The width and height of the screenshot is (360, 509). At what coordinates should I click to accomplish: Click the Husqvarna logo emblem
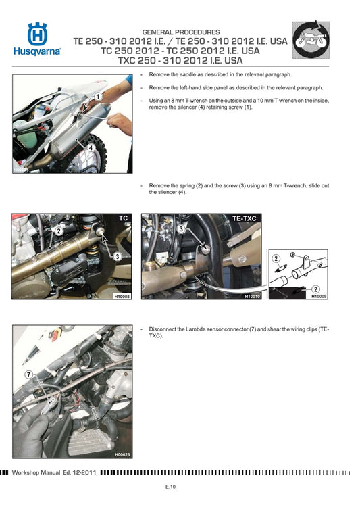pyautogui.click(x=37, y=34)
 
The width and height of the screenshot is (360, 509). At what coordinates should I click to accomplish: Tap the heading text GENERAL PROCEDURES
pyautogui.click(x=180, y=32)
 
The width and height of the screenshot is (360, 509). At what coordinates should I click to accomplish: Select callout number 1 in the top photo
pyautogui.click(x=99, y=97)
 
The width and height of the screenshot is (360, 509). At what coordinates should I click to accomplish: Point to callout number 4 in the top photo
pyautogui.click(x=90, y=146)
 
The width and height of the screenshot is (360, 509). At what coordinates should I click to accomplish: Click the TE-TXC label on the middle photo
pyautogui.click(x=246, y=219)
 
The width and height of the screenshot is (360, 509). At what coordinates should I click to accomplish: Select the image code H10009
pyautogui.click(x=319, y=296)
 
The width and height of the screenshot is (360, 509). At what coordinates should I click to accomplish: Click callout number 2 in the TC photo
pyautogui.click(x=59, y=231)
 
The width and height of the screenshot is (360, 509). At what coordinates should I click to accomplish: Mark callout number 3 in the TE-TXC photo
pyautogui.click(x=182, y=229)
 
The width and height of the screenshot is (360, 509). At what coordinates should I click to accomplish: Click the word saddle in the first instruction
pyautogui.click(x=187, y=75)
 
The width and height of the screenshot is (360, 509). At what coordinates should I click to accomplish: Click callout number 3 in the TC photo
pyautogui.click(x=117, y=256)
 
